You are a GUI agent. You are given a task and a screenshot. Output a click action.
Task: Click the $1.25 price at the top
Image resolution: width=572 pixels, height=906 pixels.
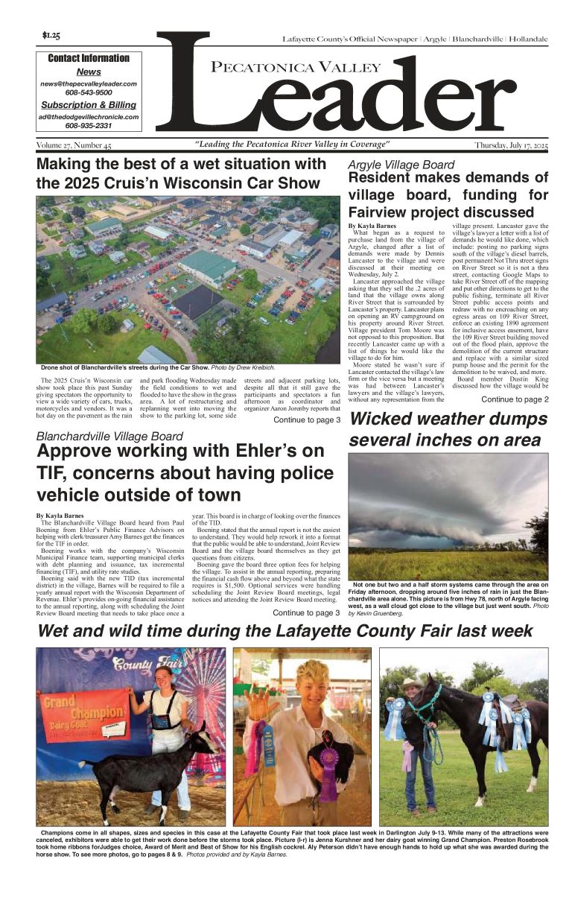coord(51,35)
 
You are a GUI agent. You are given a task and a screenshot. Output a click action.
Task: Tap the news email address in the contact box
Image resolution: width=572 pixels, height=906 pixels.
coord(88,84)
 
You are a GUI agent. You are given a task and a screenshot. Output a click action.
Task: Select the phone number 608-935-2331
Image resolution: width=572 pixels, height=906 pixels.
coord(88,126)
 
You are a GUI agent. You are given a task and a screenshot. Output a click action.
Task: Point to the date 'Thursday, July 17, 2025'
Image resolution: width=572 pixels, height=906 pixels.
coord(510,145)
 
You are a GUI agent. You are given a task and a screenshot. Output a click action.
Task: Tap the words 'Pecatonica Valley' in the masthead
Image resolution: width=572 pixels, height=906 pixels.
coord(285,69)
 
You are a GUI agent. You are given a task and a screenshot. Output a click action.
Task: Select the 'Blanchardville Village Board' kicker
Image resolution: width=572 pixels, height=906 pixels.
coord(109,436)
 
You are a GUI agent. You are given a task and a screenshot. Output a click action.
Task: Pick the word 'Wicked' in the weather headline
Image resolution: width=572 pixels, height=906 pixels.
coord(387,419)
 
